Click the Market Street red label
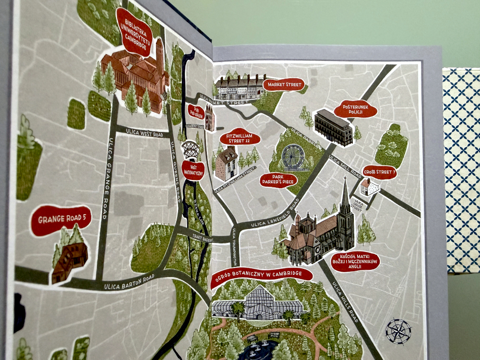click(x=284, y=85)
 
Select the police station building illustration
click(x=334, y=127)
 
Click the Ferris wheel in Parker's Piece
click(x=293, y=157)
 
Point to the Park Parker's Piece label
click(x=278, y=180)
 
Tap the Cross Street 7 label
click(x=379, y=172)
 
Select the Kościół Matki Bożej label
click(x=356, y=262)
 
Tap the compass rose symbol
click(x=398, y=331)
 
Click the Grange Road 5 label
click(x=61, y=220)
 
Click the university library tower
click(x=159, y=55)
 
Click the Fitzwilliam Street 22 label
click(x=240, y=139)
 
